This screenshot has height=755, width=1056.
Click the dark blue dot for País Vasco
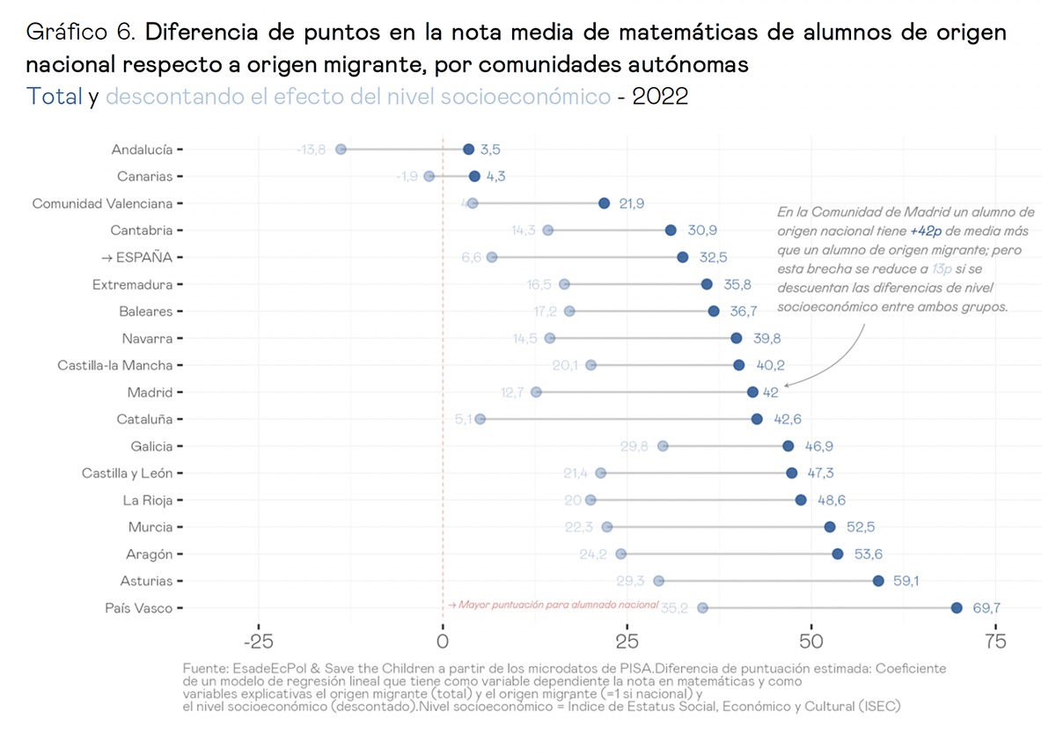coord(957,608)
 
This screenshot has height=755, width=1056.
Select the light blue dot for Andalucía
coord(341,150)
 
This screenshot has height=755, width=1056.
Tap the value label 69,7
coord(986,608)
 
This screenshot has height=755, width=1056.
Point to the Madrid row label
coord(150,392)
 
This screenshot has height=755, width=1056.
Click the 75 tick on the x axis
coord(994,641)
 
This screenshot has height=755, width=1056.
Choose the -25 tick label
coord(257,641)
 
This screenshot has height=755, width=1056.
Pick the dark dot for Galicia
coord(788,446)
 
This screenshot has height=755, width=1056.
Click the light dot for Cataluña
coord(480,419)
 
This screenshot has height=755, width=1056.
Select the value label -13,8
coord(311,150)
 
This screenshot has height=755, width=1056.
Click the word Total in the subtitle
coord(55,97)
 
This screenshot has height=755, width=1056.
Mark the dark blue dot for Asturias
coord(878,581)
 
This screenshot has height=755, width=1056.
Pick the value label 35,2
coord(674,608)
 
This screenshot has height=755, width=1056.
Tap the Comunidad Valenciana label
coord(102,204)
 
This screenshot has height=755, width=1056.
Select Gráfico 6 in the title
coord(81,33)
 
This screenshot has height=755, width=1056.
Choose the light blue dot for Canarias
coord(429,176)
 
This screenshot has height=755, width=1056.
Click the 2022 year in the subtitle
coord(660,97)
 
